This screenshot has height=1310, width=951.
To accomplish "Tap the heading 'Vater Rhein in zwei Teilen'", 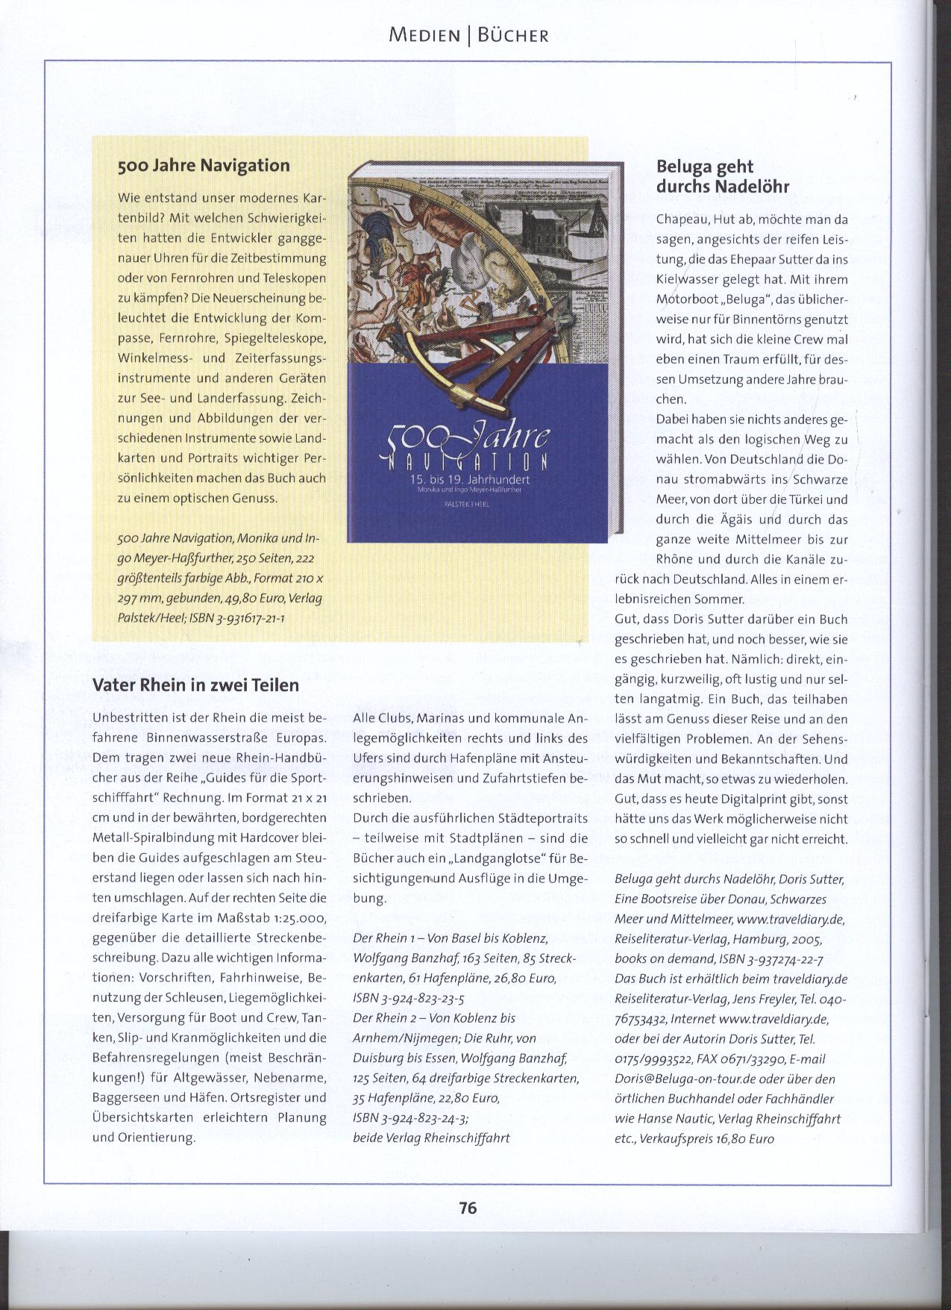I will pos(195,684).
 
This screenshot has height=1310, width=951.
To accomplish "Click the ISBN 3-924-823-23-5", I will pos(409,998).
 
